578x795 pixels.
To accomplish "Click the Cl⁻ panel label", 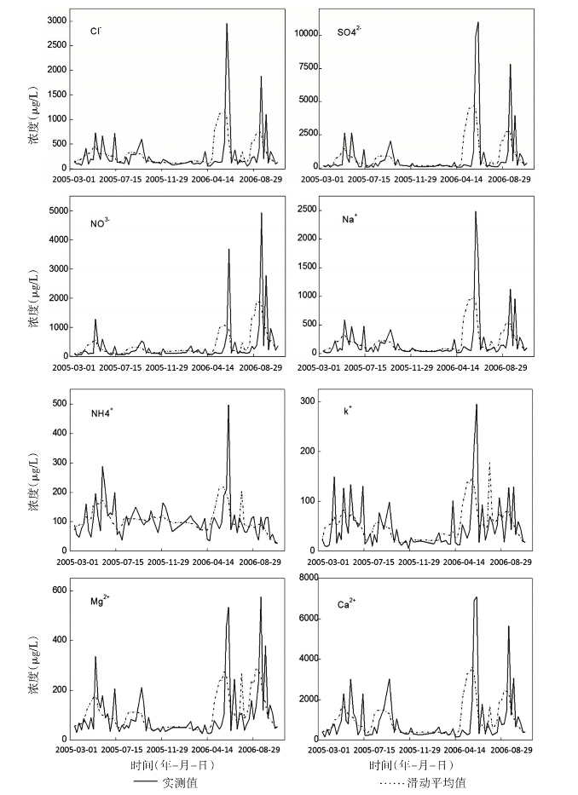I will (97, 32).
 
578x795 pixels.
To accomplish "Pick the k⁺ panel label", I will (347, 410).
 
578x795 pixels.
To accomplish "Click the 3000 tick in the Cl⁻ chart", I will (57, 20).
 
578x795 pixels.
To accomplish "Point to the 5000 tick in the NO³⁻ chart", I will (57, 210).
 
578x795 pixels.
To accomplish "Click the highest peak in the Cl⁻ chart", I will (227, 24).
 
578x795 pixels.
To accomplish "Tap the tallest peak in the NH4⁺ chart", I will (228, 406).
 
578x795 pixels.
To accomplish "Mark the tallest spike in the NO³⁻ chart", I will (262, 213).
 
